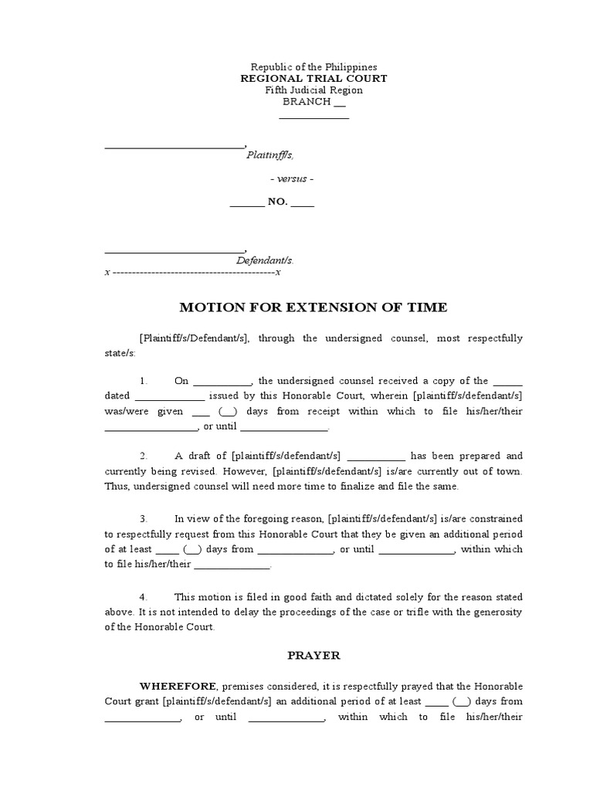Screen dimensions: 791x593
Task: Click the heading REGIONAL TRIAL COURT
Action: [x=313, y=79]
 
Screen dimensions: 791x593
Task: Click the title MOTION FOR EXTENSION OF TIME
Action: [x=313, y=307]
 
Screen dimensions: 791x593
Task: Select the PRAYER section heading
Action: [x=313, y=655]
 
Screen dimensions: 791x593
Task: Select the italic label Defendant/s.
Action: [x=265, y=261]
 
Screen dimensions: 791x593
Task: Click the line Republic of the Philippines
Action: [x=313, y=67]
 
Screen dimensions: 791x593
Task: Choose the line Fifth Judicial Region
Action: [x=313, y=90]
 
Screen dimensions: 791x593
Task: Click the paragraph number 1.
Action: [x=144, y=381]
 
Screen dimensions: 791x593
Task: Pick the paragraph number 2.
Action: [x=144, y=456]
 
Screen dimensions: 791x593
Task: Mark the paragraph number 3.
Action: [x=144, y=518]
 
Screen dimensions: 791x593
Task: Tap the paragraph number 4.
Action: [x=144, y=597]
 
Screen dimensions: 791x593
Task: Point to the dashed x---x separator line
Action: [x=192, y=273]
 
